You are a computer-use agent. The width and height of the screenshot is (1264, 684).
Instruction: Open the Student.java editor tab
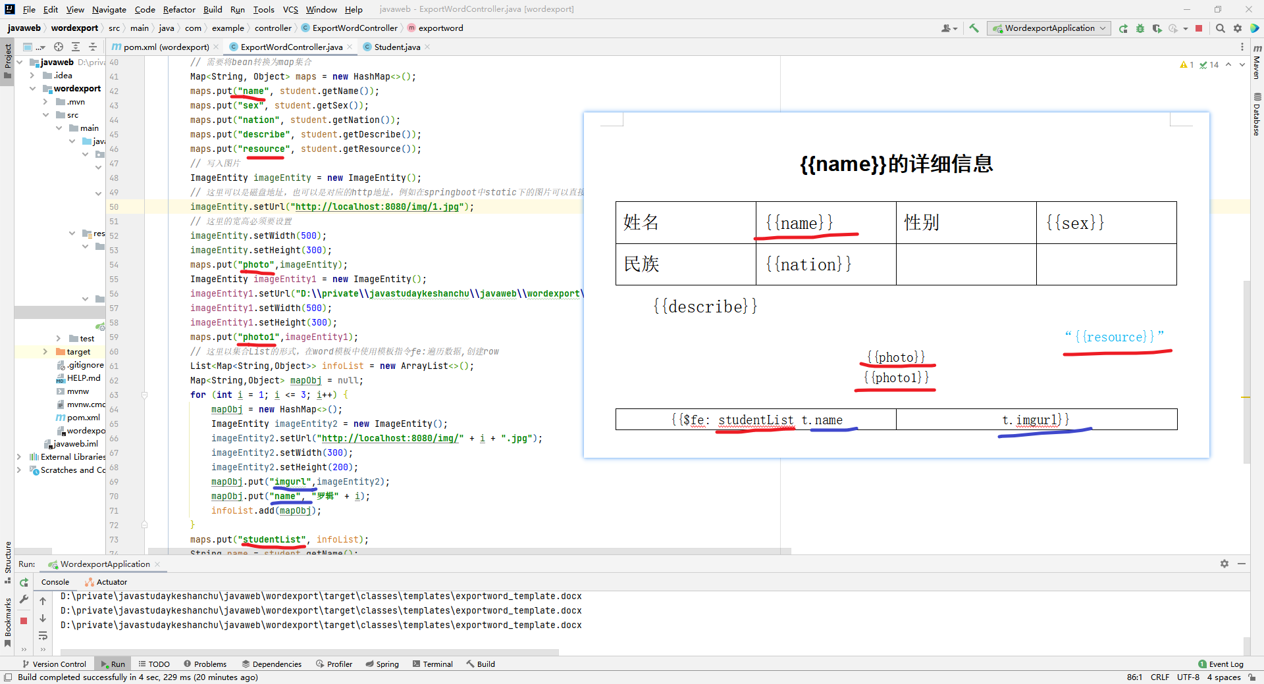397,47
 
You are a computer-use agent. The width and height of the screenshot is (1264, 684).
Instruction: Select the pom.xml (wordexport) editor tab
166,47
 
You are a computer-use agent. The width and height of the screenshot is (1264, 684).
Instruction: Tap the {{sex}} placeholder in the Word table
1075,223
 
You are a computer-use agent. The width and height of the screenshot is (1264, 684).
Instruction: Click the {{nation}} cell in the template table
808,264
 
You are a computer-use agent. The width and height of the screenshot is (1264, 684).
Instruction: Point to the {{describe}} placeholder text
705,306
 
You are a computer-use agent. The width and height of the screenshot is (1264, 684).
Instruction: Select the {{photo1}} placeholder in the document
896,378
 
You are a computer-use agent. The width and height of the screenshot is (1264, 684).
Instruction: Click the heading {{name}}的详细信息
896,164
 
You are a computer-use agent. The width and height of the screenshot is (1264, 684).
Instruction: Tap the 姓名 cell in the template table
641,222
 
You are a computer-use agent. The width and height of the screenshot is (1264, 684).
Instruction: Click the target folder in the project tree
78,352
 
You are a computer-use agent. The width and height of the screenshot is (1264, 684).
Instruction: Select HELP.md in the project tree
84,378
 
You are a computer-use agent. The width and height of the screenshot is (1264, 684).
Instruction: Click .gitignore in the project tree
86,365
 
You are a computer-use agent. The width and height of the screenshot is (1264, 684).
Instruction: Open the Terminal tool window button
433,664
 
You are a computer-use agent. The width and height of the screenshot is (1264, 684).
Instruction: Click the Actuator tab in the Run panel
111,582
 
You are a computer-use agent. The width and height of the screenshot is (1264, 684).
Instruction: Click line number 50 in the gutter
115,207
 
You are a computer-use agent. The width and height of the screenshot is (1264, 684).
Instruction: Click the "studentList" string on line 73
272,540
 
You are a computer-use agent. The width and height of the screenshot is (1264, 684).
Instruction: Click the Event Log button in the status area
1221,664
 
